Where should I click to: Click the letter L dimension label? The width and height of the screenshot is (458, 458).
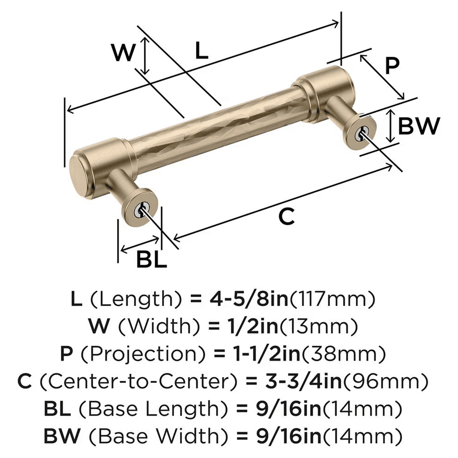[x=201, y=51]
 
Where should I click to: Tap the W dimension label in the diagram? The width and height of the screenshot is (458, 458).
[x=124, y=53]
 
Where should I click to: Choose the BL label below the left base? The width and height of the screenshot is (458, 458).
[x=151, y=261]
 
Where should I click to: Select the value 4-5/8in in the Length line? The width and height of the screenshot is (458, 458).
[x=248, y=300]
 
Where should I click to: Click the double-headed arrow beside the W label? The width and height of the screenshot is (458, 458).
[x=145, y=56]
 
